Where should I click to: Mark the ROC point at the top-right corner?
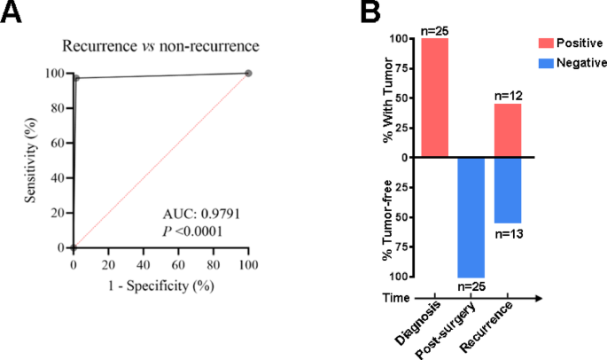(248, 74)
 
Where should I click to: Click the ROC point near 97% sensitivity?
(77, 78)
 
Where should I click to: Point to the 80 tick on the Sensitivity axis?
(58, 108)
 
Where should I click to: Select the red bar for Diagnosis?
(436, 98)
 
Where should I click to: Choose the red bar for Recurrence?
(509, 130)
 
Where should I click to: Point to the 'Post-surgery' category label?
(455, 327)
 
